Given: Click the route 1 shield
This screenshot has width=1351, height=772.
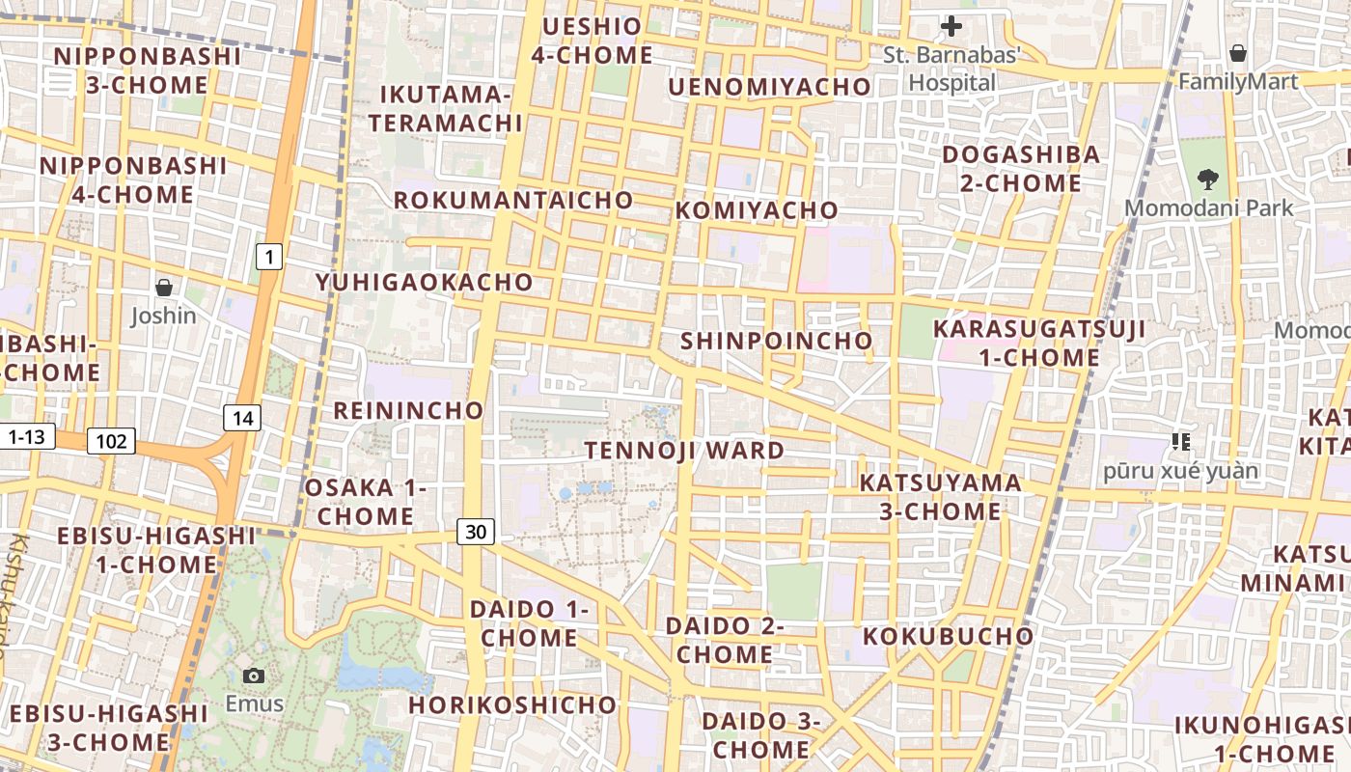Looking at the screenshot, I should point(269,257).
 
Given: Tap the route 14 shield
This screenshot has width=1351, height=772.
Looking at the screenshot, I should point(242,418).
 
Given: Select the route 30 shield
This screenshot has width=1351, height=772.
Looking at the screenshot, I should point(476,531).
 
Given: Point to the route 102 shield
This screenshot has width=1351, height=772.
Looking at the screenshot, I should point(111,442).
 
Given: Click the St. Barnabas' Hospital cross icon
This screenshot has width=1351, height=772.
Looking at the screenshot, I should point(951,26).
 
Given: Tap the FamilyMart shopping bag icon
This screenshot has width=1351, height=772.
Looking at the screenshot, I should point(1237,53).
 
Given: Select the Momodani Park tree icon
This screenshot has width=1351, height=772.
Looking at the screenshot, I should point(1206,179).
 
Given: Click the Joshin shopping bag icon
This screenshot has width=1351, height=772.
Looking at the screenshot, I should point(164,288).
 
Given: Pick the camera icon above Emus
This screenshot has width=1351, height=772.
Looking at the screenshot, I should point(254,675).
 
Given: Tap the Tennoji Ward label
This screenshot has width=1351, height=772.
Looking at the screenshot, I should point(684,451).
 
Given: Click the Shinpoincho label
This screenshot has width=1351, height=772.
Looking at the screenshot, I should point(776,341).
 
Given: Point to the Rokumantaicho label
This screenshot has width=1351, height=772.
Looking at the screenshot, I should point(513,201).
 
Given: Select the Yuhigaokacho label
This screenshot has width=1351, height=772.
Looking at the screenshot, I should point(424,282).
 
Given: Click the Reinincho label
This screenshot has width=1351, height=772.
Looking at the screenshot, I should point(408,410).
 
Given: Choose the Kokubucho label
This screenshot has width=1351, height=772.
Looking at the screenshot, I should point(948,636).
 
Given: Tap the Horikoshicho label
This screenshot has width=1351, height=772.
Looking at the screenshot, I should point(511,704).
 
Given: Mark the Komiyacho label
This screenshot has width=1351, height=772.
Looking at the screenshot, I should point(757,210).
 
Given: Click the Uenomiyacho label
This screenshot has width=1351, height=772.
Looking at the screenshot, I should point(769,87).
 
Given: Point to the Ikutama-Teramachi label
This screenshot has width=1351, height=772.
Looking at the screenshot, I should point(445,109).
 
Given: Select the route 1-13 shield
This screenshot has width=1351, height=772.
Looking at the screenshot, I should point(26,437).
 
